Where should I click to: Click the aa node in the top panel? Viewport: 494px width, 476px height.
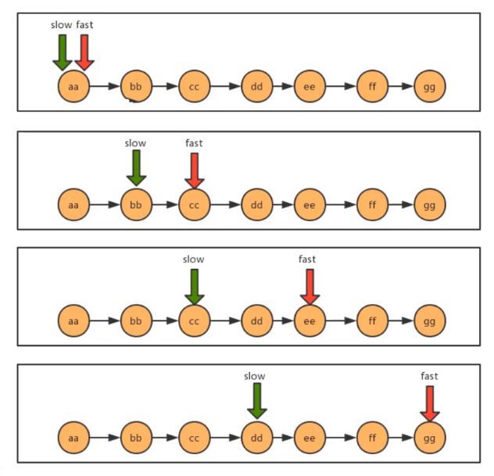(73, 86)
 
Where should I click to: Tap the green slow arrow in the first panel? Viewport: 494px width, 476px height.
(62, 51)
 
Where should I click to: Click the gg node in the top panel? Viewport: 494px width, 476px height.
(429, 86)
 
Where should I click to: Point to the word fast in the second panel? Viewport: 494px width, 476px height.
(194, 143)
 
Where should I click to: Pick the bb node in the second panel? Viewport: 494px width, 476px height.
(136, 205)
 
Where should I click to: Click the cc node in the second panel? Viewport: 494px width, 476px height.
(195, 205)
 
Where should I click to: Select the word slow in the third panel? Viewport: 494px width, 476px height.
(193, 259)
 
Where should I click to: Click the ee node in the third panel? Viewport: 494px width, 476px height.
(310, 320)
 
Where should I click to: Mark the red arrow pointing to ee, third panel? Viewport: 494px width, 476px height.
(310, 286)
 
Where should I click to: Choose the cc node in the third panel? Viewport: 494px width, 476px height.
(195, 320)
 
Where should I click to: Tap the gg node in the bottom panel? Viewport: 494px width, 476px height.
(429, 436)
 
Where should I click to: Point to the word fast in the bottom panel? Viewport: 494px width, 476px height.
(429, 376)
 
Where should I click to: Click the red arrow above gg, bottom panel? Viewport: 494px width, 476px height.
(429, 403)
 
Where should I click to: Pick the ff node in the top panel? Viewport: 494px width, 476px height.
(372, 86)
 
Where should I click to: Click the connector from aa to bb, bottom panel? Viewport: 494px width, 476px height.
(105, 436)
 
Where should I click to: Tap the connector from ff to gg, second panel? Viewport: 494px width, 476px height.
(401, 205)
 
